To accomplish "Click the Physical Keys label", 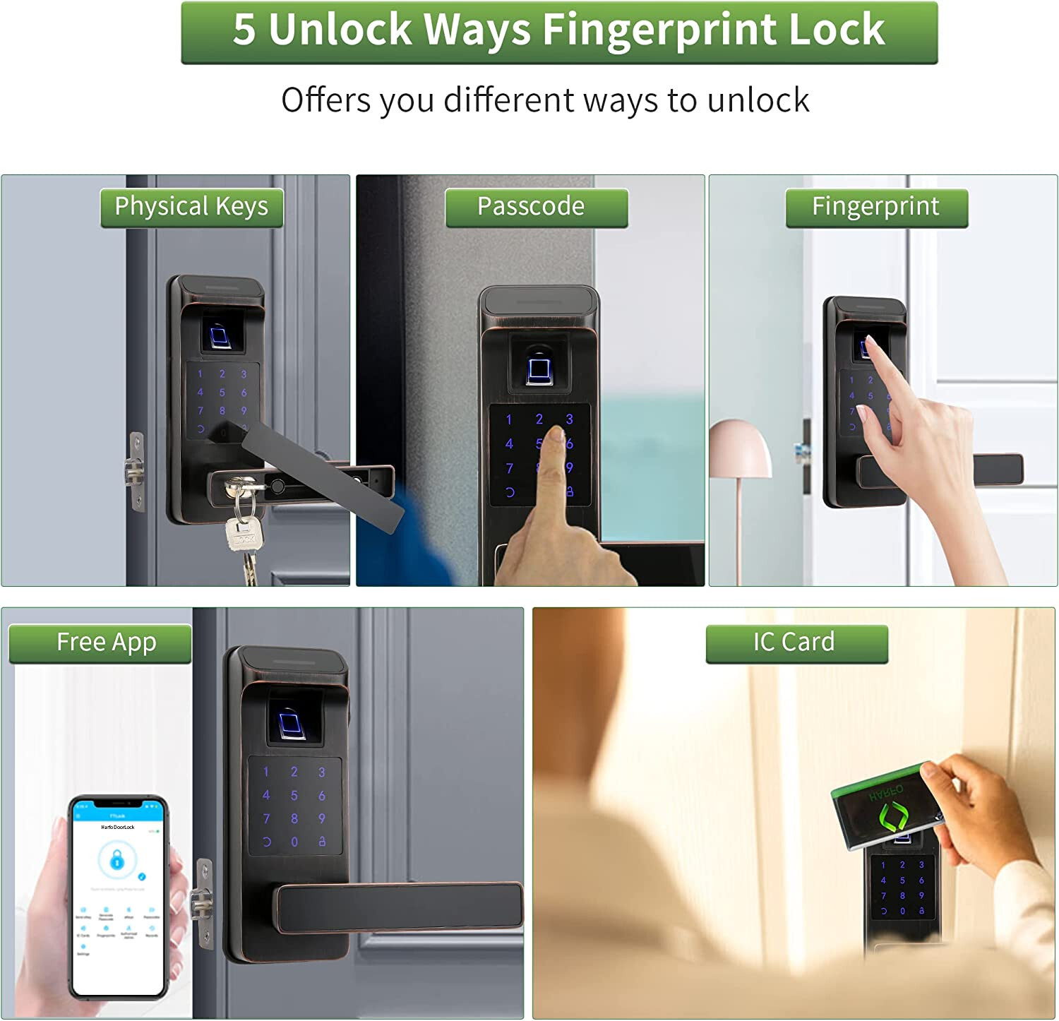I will tap(191, 207).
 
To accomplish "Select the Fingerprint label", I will tap(876, 207).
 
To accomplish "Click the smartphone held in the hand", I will tap(119, 897).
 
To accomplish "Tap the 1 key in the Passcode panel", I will tap(509, 420).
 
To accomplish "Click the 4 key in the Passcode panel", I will tap(509, 444).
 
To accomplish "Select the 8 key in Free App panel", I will tap(294, 818).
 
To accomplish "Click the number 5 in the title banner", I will tap(244, 30).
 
